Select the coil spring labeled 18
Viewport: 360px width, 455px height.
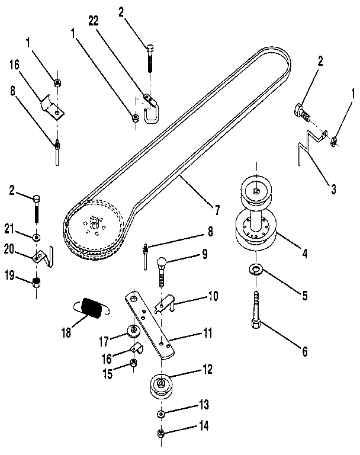(92, 308)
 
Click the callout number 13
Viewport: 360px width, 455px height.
(203, 405)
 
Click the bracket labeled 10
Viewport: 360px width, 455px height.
(165, 306)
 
